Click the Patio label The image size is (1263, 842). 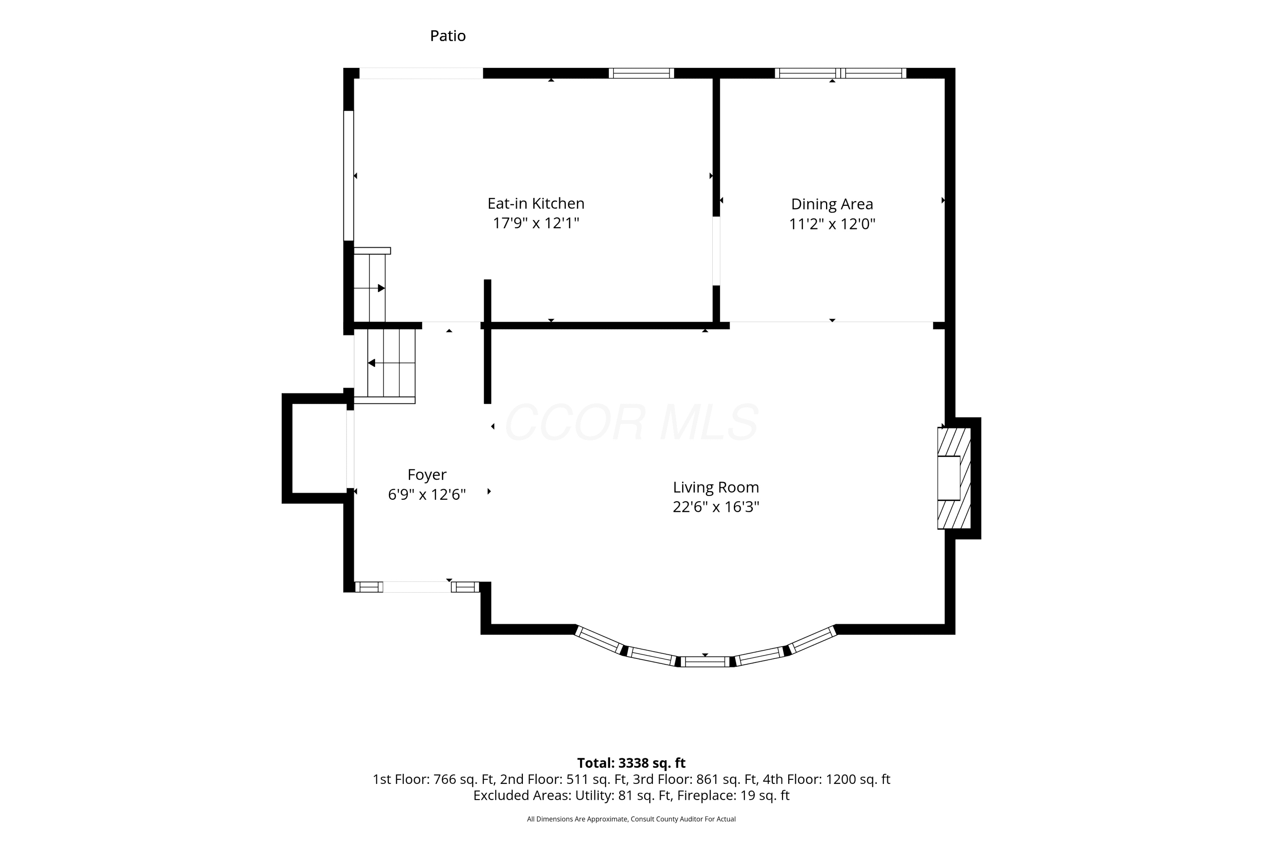point(448,36)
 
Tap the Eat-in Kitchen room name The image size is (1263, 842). point(536,203)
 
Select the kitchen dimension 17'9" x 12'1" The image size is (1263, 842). point(536,223)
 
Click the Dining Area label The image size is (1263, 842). point(832,205)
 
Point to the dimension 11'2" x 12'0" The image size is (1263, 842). point(832,224)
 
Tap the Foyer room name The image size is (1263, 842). point(427,475)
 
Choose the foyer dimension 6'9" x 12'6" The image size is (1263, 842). point(427,494)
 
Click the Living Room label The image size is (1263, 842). point(716,488)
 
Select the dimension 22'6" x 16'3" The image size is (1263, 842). point(716,507)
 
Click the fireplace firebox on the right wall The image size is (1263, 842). point(949,478)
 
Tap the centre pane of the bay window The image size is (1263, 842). point(705,661)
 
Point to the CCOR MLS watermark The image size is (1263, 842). point(631,423)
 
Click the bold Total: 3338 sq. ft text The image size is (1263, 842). point(631,762)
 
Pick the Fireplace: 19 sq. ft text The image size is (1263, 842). point(733,795)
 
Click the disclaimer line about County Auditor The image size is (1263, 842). point(631,819)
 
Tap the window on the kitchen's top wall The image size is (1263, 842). point(641,73)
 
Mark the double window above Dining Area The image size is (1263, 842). point(840,73)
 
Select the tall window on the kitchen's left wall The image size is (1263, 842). point(349,176)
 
